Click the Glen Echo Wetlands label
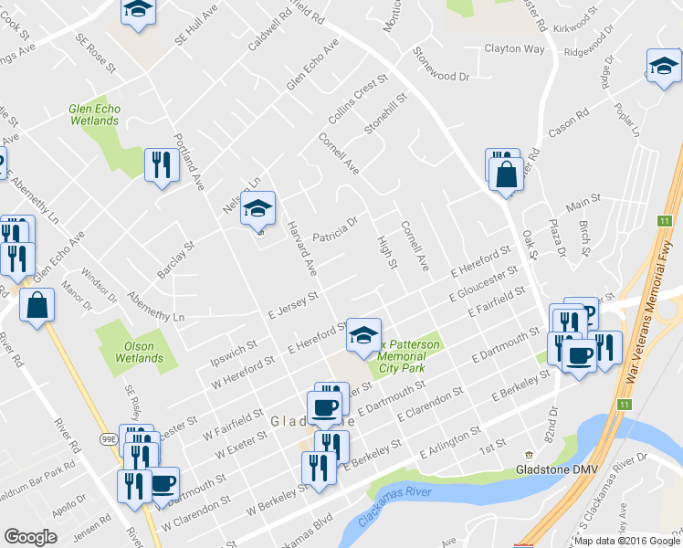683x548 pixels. click(94, 114)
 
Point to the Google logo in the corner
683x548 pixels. click(30, 537)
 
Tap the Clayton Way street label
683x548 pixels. click(514, 48)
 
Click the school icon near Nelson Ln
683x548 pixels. click(257, 207)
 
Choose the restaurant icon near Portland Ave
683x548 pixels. click(161, 164)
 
